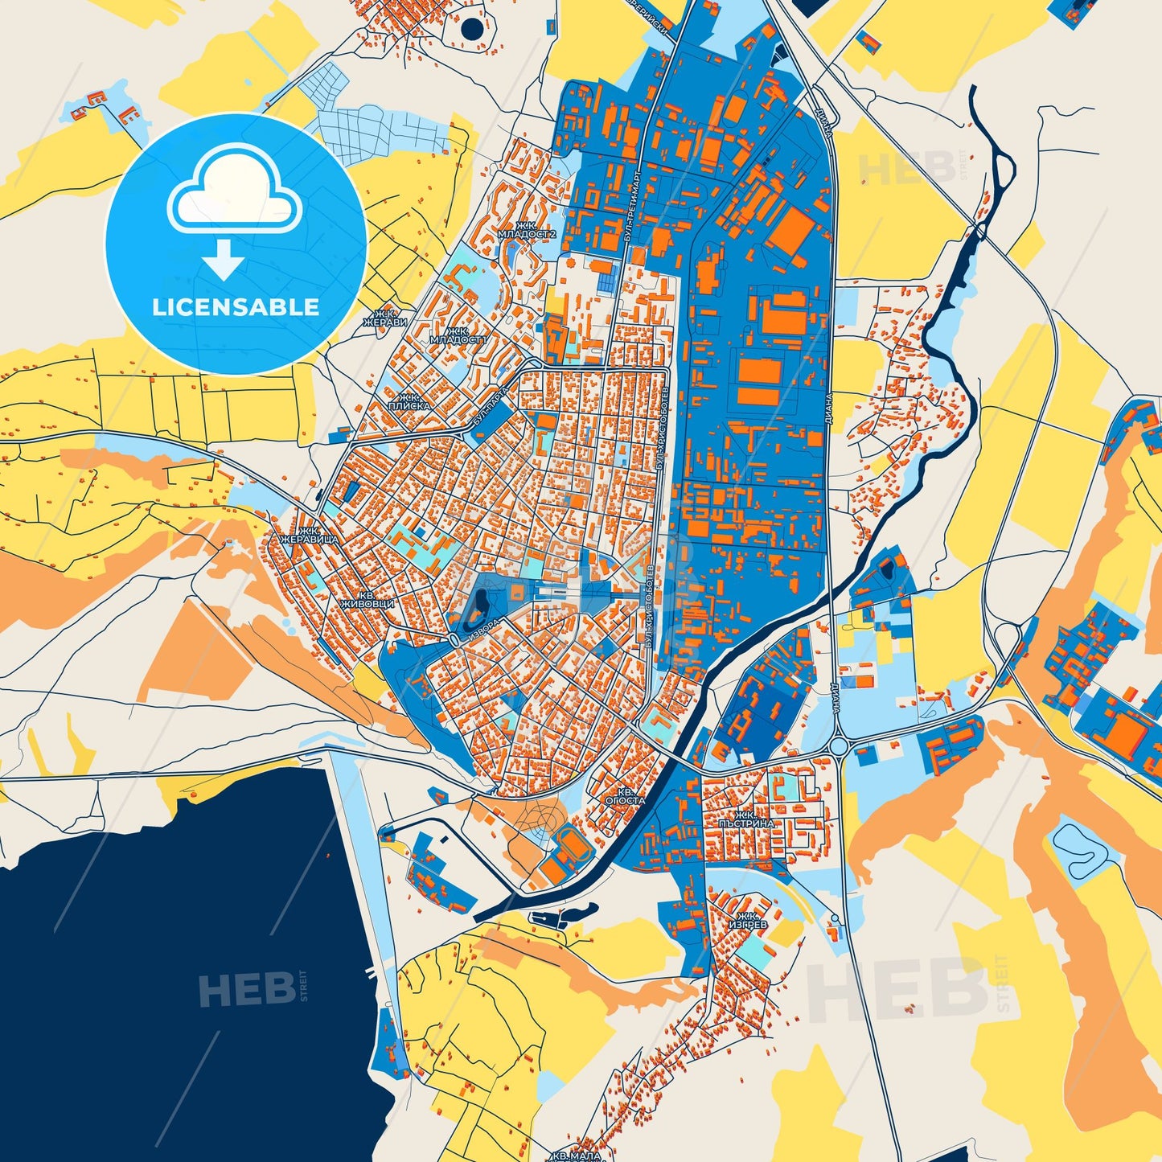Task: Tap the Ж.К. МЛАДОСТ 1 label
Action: [458, 335]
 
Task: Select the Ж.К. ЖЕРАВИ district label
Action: [385, 318]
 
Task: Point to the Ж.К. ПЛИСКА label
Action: [409, 402]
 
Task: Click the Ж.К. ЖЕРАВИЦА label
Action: [308, 536]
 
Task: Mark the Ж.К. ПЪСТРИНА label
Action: [746, 819]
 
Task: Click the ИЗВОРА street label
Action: [487, 629]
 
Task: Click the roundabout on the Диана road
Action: [838, 747]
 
